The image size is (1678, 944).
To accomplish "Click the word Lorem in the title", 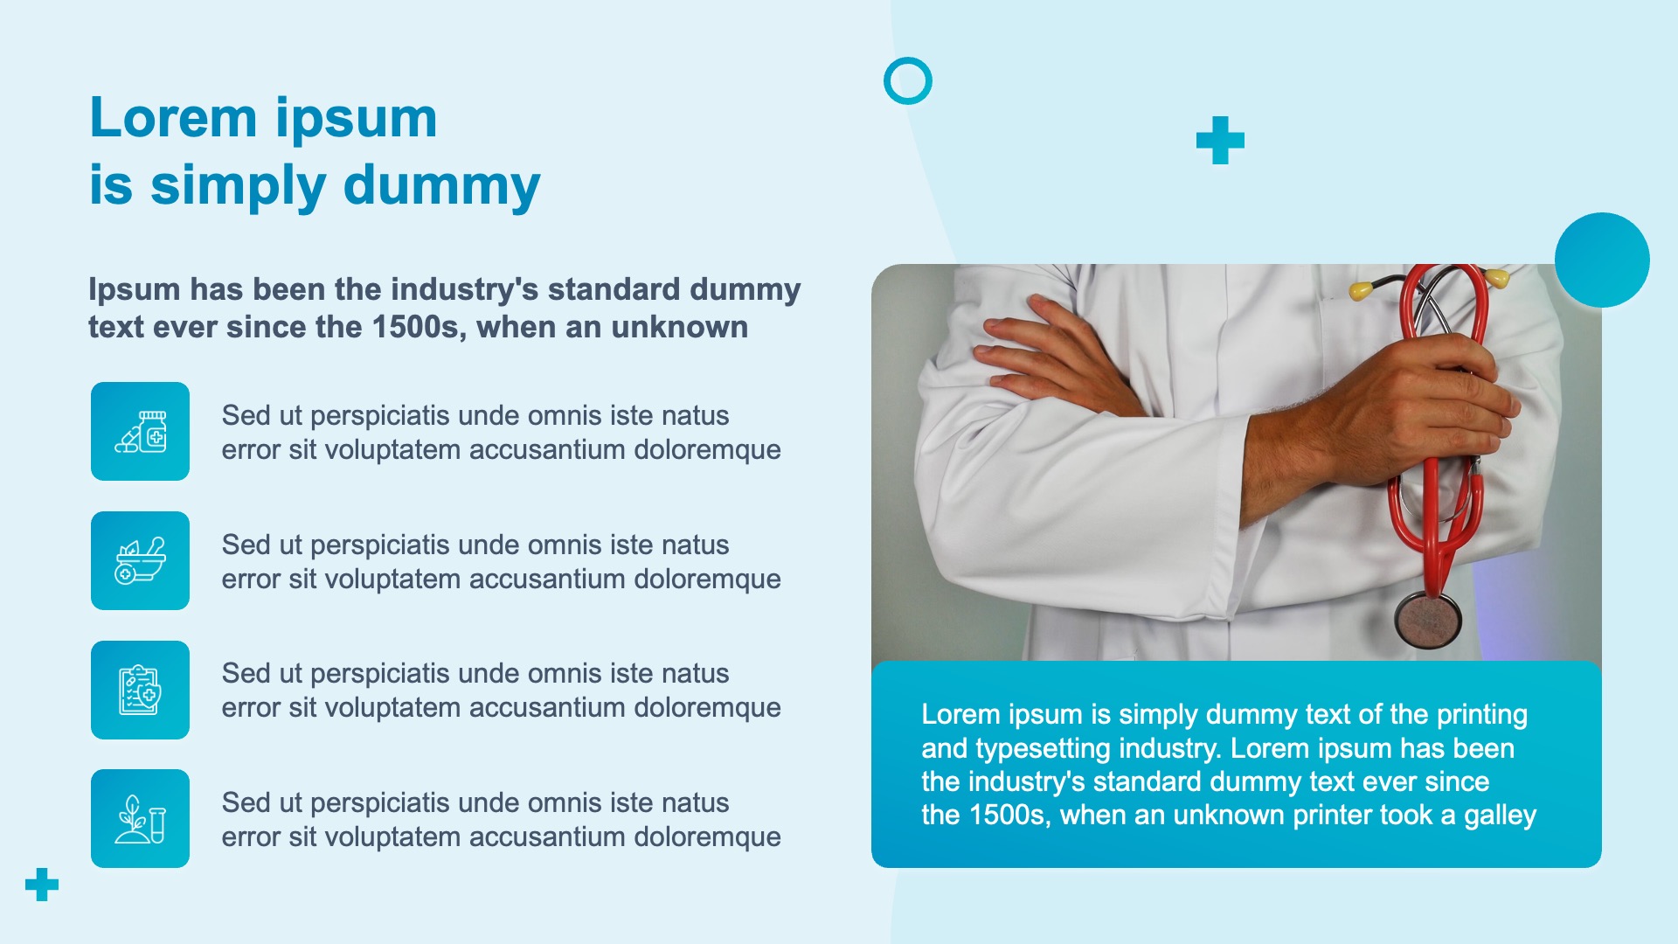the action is pos(173,118).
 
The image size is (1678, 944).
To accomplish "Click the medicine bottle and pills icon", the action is pos(140,431).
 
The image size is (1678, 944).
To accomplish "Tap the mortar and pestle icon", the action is pos(140,560).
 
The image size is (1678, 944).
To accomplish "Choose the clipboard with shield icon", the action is pos(140,690).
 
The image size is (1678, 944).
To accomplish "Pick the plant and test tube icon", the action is pos(140,819).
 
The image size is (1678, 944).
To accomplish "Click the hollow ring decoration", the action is pos(908,59).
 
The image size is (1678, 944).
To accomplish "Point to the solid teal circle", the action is pos(1602,260).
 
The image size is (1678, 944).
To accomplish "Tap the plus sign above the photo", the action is pos(1220,140).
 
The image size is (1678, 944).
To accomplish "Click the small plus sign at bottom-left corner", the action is pos(42,885).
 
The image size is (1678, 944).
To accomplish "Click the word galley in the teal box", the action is pos(1500,816).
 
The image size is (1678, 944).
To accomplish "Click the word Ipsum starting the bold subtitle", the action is pos(135,290).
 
